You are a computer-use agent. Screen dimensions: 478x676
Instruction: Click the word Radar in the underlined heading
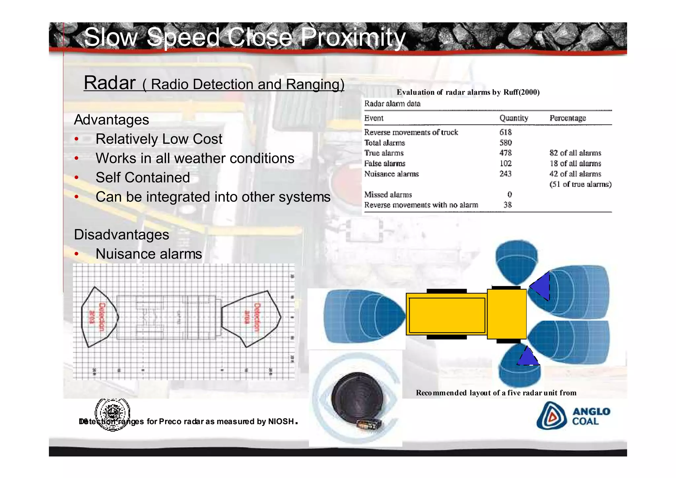pos(110,83)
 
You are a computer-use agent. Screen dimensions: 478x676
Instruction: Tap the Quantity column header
pos(513,118)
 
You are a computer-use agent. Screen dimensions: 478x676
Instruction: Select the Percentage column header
pos(567,118)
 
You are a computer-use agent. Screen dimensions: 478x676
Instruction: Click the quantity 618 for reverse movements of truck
pos(505,132)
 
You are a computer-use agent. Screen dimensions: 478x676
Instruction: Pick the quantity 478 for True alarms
pos(505,153)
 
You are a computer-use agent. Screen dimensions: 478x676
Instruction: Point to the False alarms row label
pos(385,164)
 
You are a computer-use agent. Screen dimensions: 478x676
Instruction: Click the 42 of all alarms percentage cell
pos(575,174)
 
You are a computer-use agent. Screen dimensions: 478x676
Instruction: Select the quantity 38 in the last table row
pos(507,205)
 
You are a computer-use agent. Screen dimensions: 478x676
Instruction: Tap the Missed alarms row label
pos(388,195)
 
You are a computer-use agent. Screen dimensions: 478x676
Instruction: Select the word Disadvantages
pos(121,235)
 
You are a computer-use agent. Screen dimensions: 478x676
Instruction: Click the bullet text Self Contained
pos(143,177)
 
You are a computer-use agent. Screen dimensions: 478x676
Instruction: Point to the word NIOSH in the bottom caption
pos(281,421)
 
